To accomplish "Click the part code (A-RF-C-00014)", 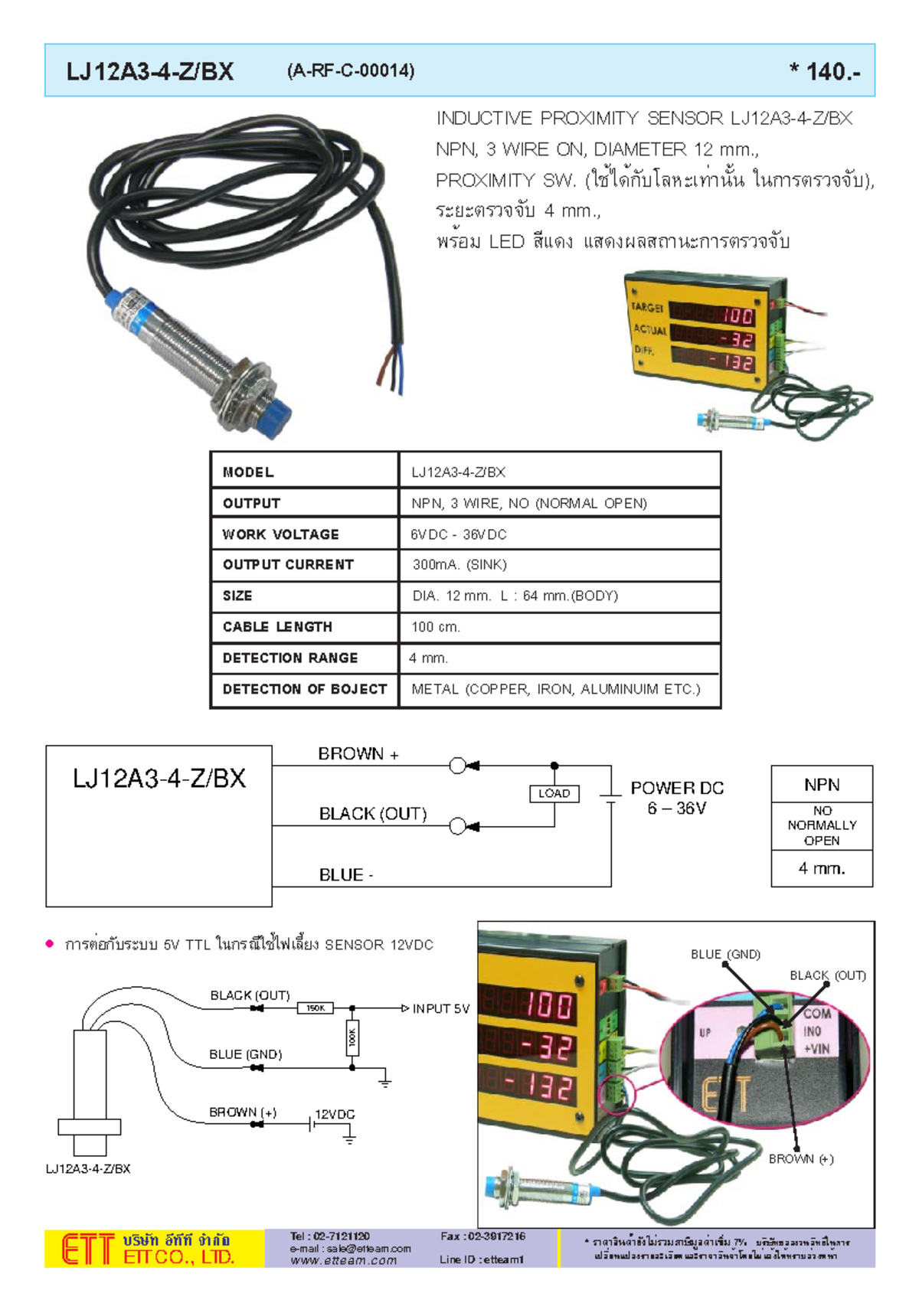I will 351,71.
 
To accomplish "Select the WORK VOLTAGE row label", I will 280,534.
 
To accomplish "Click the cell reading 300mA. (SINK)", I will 459,565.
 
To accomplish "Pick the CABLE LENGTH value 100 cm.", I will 436,627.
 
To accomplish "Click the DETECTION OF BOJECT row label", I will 304,689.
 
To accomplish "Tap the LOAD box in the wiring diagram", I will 554,794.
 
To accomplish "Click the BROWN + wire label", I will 358,754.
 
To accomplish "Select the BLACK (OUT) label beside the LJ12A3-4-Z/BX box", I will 373,814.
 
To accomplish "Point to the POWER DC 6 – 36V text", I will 677,798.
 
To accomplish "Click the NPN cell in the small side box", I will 822,785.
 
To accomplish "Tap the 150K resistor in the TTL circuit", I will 316,1008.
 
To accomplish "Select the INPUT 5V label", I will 440,1009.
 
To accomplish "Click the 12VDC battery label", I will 335,1115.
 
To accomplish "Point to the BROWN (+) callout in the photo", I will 801,1159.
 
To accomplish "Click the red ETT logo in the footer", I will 87,1249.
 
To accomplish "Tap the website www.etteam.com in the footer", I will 343,1261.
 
